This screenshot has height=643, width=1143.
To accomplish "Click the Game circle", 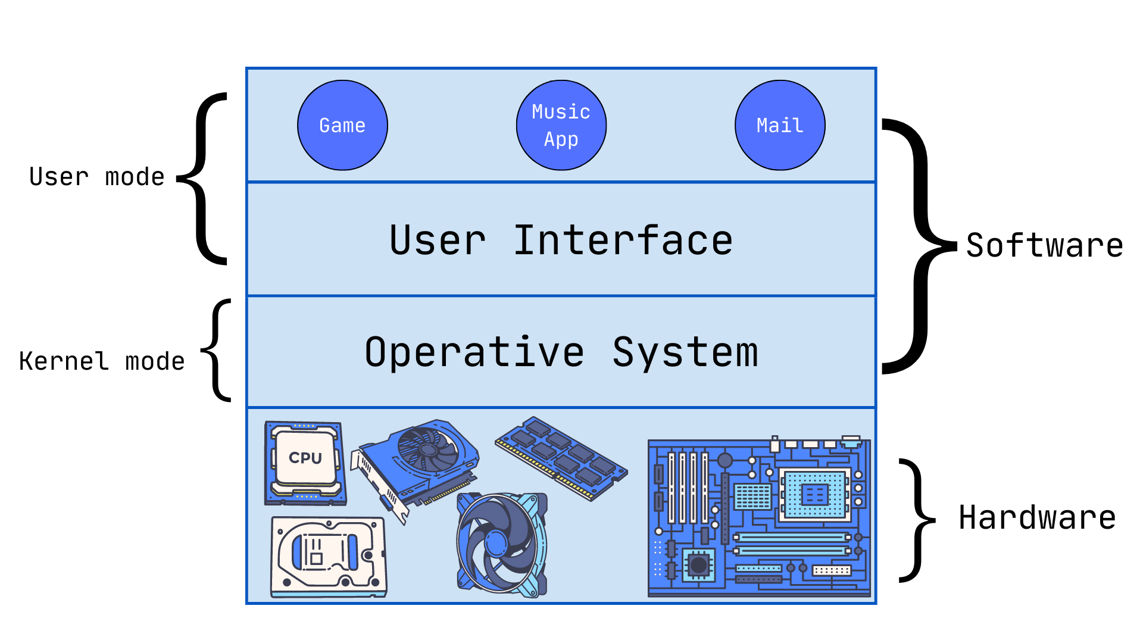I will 342,126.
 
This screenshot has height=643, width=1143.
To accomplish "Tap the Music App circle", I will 561,126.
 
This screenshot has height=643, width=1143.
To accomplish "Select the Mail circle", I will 780,126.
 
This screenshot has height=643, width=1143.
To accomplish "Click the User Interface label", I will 561,241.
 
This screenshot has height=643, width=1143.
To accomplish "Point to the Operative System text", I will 561,352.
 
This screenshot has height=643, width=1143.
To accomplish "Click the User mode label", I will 96,177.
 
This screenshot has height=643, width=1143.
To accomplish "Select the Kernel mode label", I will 102,361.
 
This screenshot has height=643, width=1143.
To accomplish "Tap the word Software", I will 1044,245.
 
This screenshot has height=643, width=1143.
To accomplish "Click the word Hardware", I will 1037,517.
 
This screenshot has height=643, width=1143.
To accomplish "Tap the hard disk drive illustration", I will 329,557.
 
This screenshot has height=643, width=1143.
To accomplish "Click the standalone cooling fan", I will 501,544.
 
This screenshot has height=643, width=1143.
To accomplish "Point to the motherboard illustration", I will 759,517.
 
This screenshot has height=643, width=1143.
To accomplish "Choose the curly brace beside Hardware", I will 917,520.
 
